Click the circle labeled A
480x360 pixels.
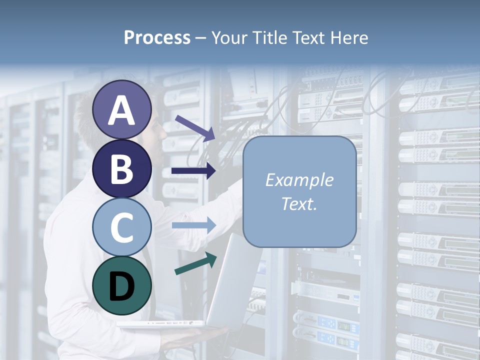(121, 109)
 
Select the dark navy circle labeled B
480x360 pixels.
(121, 168)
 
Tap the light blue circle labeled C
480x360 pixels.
(121, 227)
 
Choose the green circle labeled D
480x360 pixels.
(121, 285)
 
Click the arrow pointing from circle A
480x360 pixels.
(195, 127)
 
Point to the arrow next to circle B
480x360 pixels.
(193, 171)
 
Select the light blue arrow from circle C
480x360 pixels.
(193, 225)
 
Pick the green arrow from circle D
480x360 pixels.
(195, 263)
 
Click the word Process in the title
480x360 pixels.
(157, 37)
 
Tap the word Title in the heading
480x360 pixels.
(269, 37)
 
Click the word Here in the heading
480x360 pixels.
(348, 37)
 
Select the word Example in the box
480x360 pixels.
(299, 180)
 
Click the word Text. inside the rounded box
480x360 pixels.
(299, 204)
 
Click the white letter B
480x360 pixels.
(121, 168)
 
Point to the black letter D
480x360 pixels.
(121, 286)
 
